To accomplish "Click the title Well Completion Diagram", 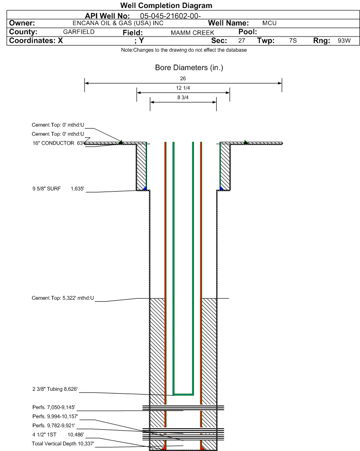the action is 166,6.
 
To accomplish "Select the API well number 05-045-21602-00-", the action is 170,16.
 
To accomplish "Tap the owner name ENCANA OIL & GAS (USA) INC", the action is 118,23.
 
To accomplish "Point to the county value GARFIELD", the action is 79,32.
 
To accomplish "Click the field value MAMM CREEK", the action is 192,33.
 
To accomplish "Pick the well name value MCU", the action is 269,23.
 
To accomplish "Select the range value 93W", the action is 344,41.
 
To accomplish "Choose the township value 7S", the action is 293,41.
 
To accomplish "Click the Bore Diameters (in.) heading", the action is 189,68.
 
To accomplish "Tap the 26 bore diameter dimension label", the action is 183,79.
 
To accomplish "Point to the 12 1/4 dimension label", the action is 183,88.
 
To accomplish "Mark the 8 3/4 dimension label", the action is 183,98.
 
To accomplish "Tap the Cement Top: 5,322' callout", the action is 63,298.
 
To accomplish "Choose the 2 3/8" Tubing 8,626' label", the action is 55,389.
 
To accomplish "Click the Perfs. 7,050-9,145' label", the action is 54,407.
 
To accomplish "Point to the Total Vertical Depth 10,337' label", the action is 63,443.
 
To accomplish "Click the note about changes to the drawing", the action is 184,50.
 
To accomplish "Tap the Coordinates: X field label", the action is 36,41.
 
